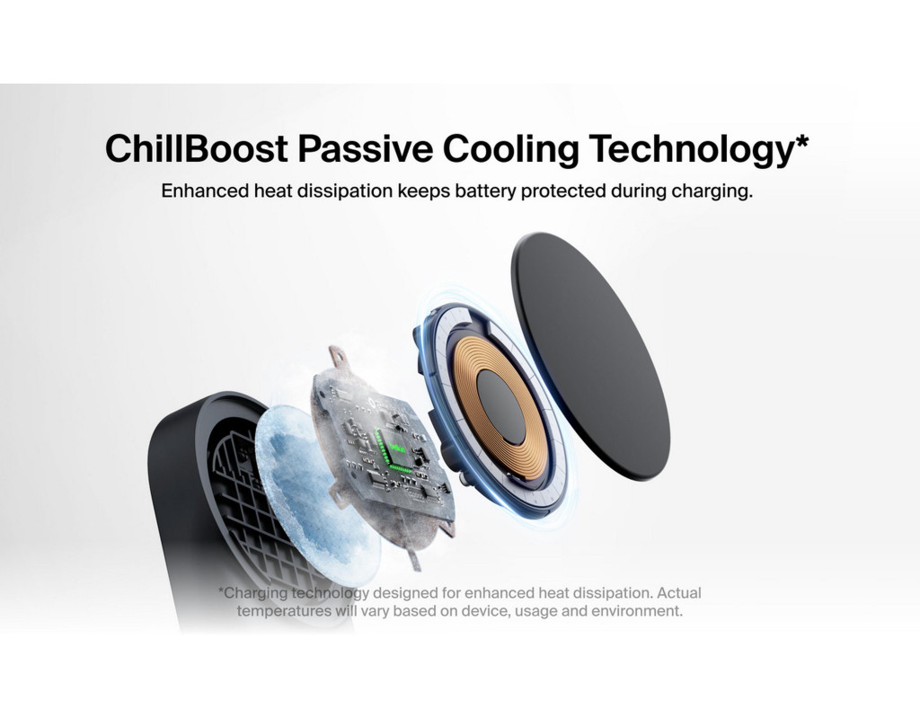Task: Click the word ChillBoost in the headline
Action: point(197,148)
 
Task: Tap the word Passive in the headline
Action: point(365,148)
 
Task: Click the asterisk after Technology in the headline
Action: point(801,141)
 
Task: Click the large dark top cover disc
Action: point(590,356)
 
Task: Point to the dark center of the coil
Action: point(500,407)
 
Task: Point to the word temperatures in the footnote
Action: point(285,611)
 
